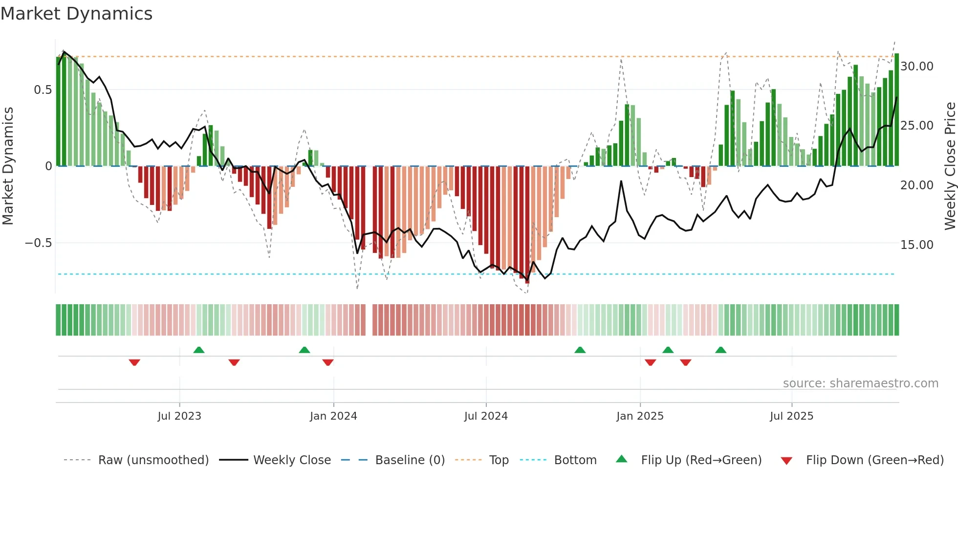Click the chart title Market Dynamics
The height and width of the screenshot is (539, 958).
[x=76, y=14]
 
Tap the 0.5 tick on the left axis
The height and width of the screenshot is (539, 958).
[x=43, y=90]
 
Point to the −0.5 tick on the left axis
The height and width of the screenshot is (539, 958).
[x=39, y=243]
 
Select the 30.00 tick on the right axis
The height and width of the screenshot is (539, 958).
[x=916, y=66]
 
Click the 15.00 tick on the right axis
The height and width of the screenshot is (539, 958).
[x=916, y=245]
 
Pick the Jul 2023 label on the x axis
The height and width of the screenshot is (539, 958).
[x=179, y=416]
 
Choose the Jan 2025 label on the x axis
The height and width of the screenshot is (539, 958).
[x=640, y=416]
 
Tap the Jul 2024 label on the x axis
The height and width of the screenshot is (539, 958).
[x=486, y=416]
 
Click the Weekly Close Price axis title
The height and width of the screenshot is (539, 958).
[x=950, y=166]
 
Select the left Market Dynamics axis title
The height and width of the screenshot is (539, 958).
[x=8, y=166]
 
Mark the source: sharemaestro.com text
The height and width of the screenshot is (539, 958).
[x=860, y=383]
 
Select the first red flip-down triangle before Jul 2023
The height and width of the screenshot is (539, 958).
[x=134, y=362]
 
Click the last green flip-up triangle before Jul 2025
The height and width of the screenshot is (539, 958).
[x=720, y=350]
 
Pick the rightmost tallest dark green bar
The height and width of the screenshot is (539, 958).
[x=896, y=110]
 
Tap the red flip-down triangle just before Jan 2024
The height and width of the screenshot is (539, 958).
[x=328, y=362]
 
